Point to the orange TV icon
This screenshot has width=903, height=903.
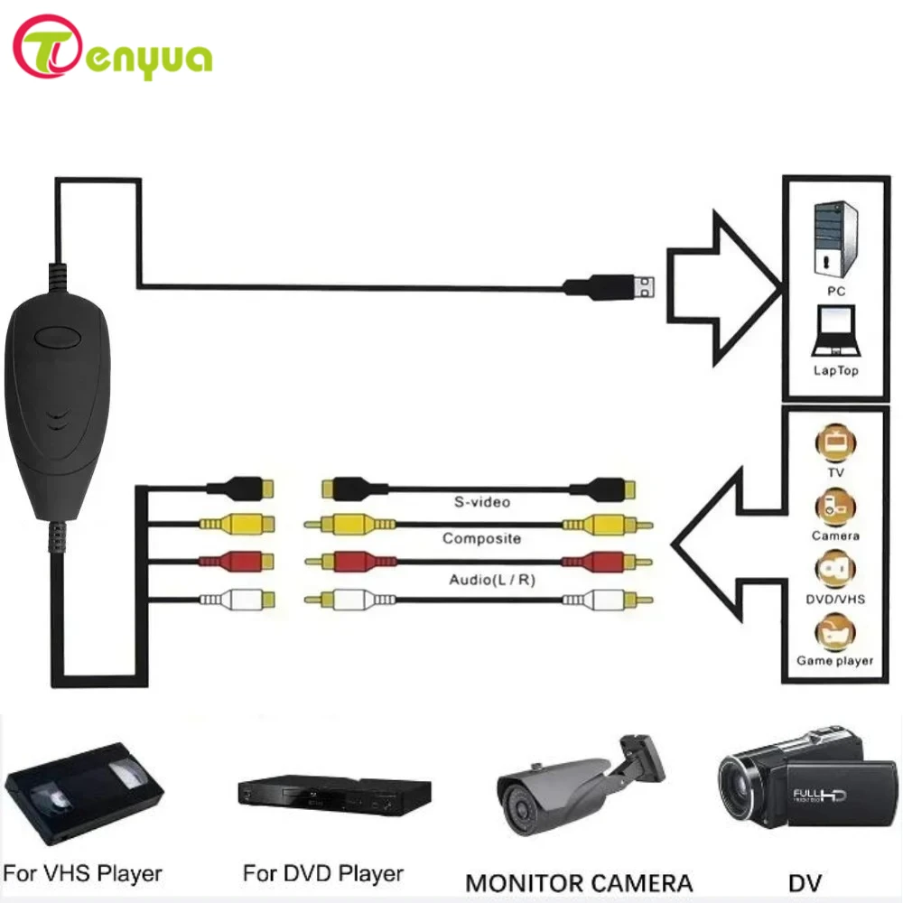(834, 444)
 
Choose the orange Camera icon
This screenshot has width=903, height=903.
(834, 507)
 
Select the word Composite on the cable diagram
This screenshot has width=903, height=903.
(481, 539)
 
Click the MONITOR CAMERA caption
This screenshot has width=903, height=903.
(578, 881)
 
